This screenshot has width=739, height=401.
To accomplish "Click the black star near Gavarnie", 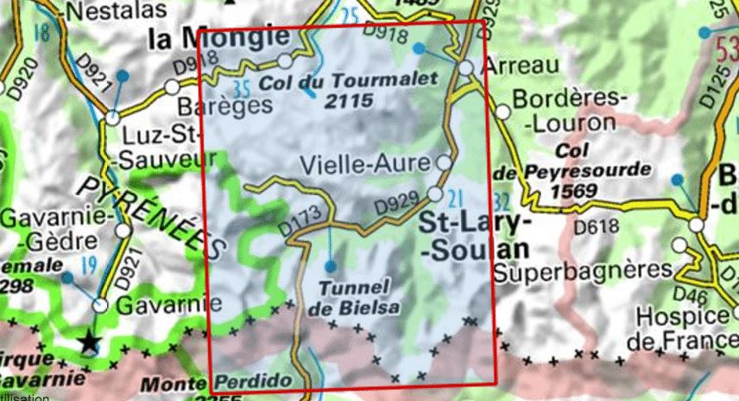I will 88,343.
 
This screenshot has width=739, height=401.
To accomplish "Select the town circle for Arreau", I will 466,68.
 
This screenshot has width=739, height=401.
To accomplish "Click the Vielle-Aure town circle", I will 444,162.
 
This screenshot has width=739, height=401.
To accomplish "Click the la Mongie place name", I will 218,38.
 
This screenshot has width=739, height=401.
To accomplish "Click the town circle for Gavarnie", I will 101,305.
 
